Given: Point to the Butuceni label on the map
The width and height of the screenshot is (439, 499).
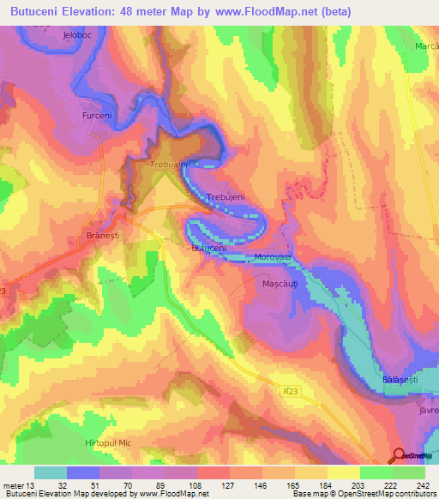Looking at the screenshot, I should (x=208, y=248).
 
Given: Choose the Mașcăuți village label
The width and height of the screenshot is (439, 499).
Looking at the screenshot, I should (x=279, y=282).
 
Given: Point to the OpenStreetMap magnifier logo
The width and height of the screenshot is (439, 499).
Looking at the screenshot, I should (x=399, y=456).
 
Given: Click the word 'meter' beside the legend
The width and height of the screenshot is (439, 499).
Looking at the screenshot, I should (x=15, y=484).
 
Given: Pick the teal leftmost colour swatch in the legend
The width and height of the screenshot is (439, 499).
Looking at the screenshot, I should (x=51, y=472).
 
